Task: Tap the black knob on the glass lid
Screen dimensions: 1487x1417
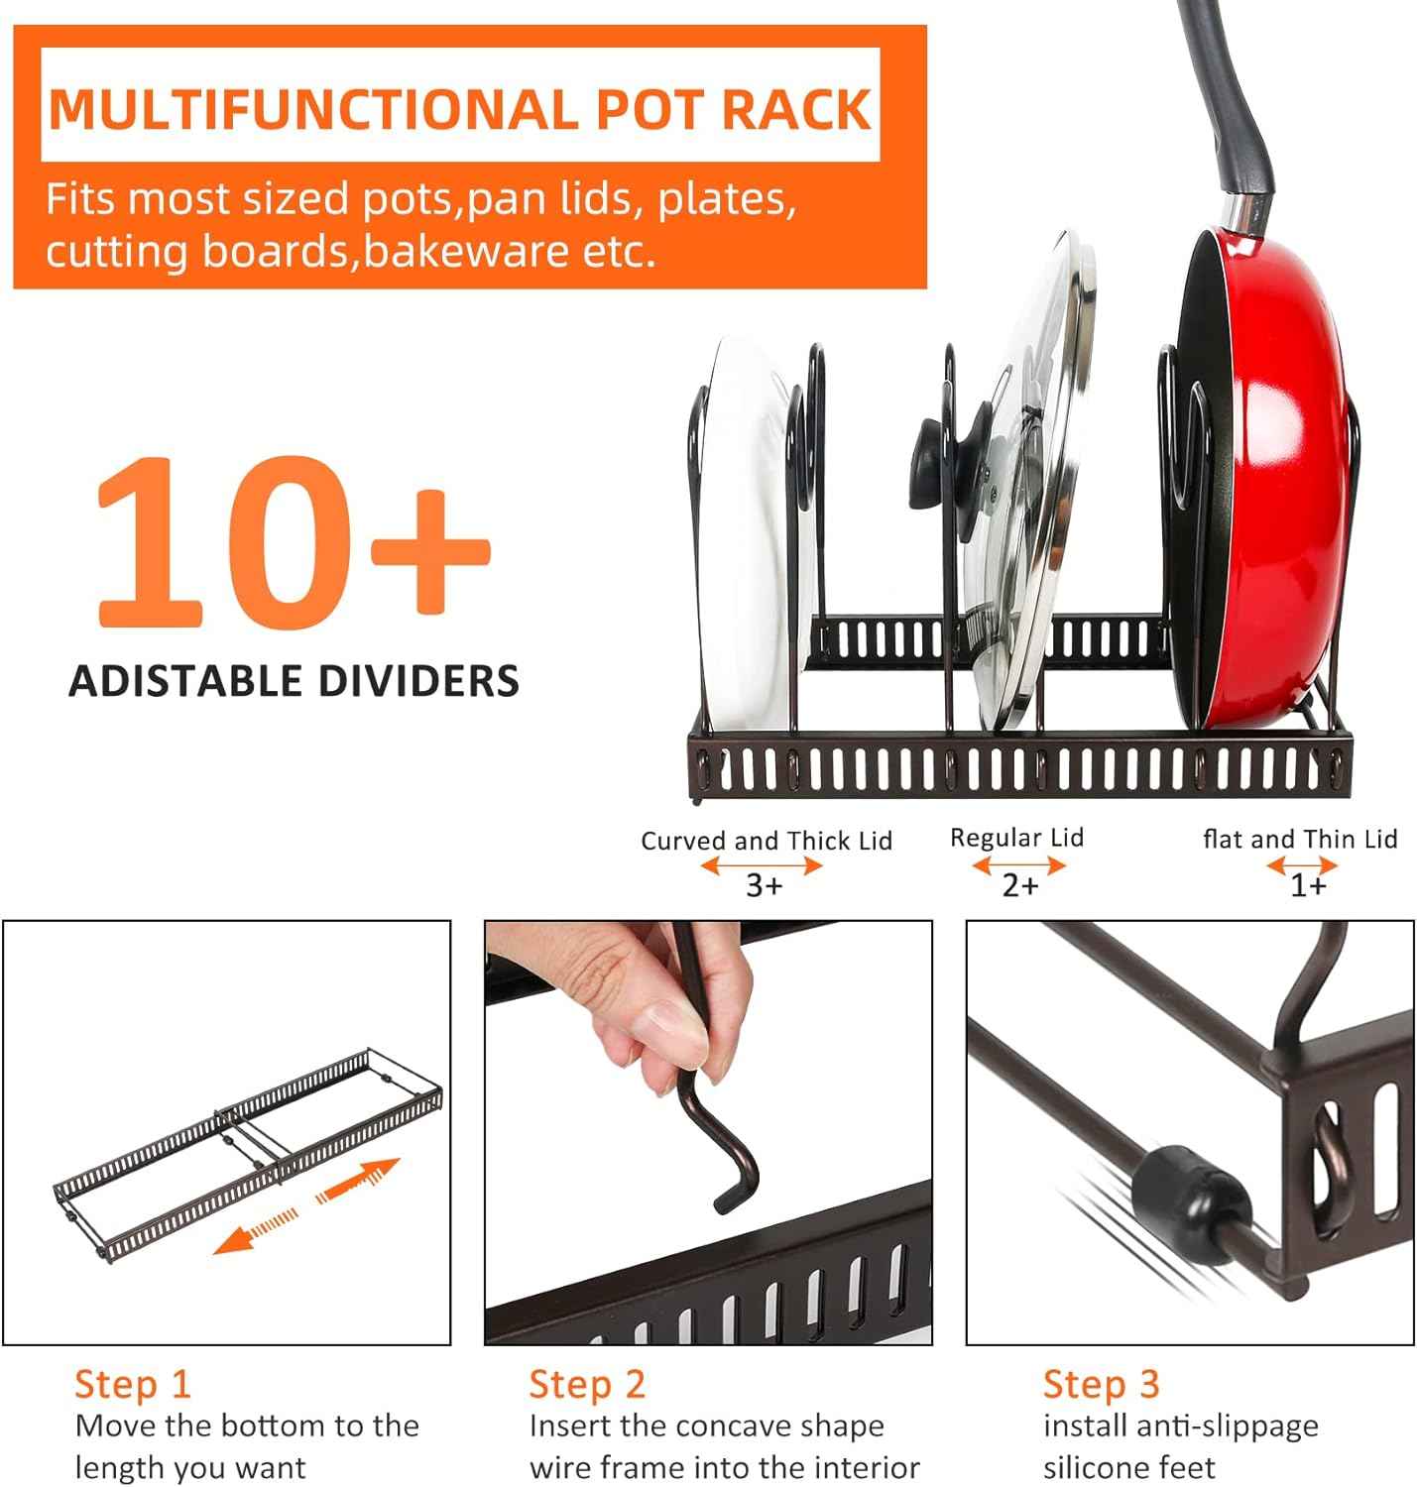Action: pyautogui.click(x=932, y=456)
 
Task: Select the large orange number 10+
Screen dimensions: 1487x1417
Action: pyautogui.click(x=293, y=540)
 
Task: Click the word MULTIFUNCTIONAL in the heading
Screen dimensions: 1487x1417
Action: pyautogui.click(x=312, y=109)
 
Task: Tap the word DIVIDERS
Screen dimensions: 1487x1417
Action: pyautogui.click(x=418, y=682)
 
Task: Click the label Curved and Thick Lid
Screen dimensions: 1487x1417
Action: pyautogui.click(x=766, y=841)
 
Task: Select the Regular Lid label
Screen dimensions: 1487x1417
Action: pyautogui.click(x=1016, y=838)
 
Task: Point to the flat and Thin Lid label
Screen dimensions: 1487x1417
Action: pyautogui.click(x=1300, y=840)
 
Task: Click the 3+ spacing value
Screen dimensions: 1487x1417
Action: pyautogui.click(x=764, y=885)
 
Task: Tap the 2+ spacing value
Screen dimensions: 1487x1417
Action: pyautogui.click(x=1019, y=884)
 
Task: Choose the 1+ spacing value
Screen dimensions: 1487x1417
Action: pyautogui.click(x=1307, y=885)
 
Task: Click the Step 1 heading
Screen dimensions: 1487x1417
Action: pyautogui.click(x=132, y=1384)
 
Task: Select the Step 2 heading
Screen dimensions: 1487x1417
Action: pyautogui.click(x=587, y=1384)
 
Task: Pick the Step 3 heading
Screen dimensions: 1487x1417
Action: pyautogui.click(x=1101, y=1384)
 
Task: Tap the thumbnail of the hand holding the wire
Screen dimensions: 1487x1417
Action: pyautogui.click(x=708, y=1132)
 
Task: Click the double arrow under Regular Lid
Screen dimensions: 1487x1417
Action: pyautogui.click(x=1018, y=865)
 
